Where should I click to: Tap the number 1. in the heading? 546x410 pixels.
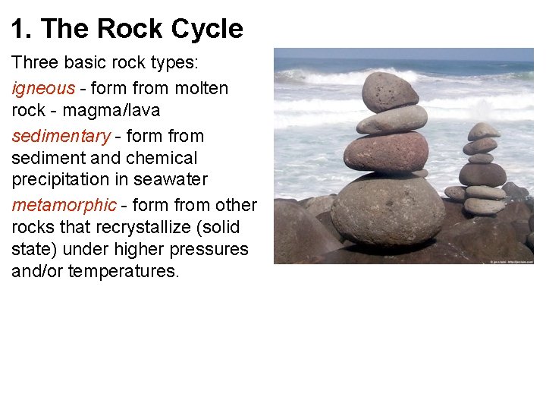pos(21,29)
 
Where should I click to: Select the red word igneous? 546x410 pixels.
pos(43,88)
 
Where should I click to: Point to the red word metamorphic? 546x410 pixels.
pos(64,205)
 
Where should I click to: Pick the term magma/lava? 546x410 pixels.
pos(111,111)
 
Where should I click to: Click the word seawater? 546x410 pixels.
pos(171,180)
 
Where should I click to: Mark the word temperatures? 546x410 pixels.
pos(124,271)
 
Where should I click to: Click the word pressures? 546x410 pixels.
pos(208,249)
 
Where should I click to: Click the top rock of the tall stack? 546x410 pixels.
pos(390,92)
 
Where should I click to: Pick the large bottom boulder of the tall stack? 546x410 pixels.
pos(387,210)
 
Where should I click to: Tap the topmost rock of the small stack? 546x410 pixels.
pos(483,131)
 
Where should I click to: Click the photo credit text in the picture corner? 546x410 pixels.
pos(512,260)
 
